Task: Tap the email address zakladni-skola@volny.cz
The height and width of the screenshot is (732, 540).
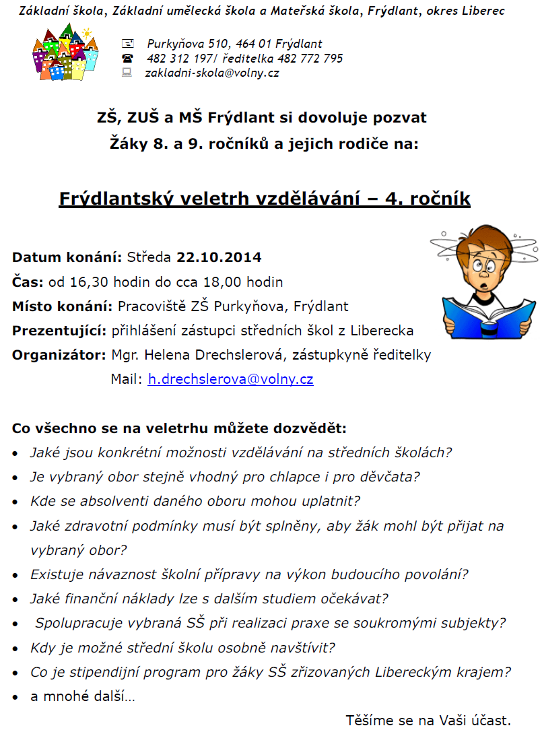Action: [x=212, y=73]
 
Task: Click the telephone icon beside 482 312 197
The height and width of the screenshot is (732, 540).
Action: [x=127, y=59]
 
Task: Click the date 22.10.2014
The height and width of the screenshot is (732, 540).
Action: [x=219, y=257]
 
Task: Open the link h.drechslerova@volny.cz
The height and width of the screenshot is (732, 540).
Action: [x=230, y=379]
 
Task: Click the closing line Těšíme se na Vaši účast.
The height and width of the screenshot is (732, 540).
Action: [x=428, y=719]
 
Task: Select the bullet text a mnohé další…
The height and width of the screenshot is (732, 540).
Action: [x=83, y=696]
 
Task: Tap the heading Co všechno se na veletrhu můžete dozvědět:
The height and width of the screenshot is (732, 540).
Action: [x=180, y=428]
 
